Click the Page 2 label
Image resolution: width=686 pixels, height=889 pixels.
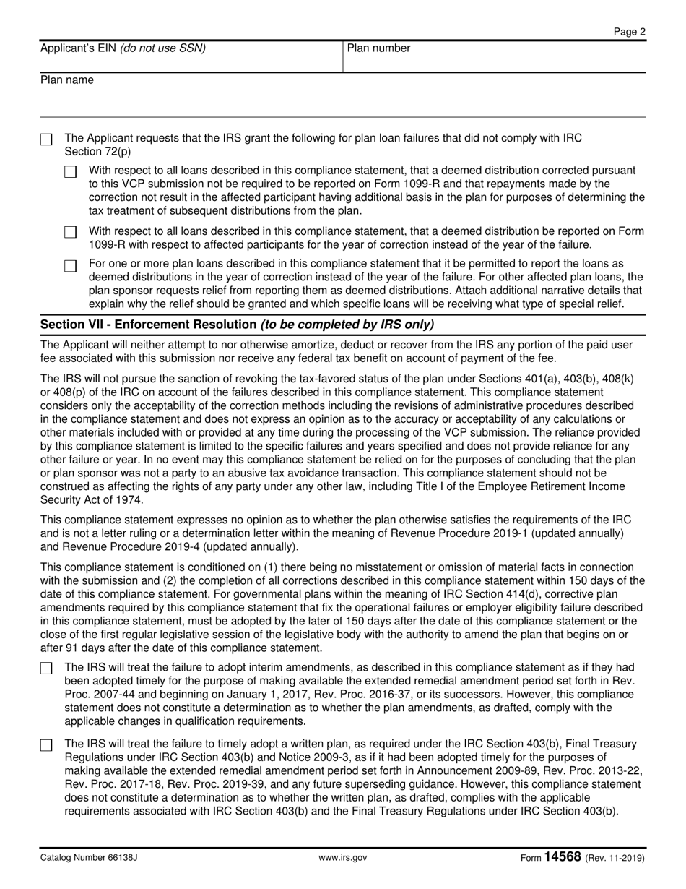(x=630, y=32)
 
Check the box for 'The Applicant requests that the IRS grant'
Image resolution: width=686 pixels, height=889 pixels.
(x=46, y=139)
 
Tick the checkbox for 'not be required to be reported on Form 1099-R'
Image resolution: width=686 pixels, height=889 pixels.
(x=70, y=172)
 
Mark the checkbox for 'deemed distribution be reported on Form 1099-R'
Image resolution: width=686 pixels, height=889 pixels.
(x=70, y=233)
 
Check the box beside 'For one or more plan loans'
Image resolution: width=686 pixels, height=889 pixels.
(x=70, y=265)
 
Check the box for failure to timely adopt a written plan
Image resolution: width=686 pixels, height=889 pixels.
(x=46, y=745)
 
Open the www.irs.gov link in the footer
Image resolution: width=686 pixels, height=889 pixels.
(x=343, y=859)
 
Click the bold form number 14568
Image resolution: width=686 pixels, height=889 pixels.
(x=565, y=857)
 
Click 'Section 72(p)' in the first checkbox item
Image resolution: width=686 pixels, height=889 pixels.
(x=98, y=152)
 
